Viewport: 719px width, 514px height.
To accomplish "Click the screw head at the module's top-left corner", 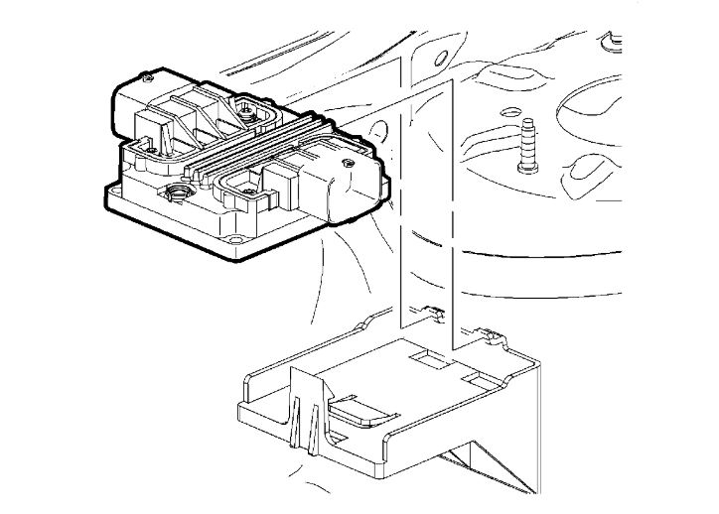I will point(147,76).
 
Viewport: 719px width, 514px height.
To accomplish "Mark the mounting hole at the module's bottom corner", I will point(234,239).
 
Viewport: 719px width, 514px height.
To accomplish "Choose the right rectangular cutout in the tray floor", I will point(475,379).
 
